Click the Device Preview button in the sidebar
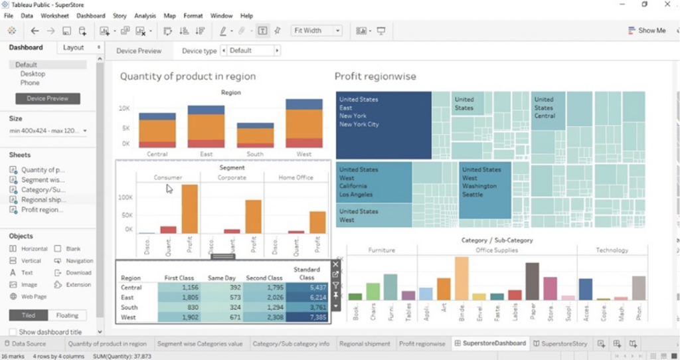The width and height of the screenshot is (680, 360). (x=48, y=98)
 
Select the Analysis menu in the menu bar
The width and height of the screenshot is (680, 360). (x=145, y=15)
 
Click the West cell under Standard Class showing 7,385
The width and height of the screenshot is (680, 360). (x=307, y=317)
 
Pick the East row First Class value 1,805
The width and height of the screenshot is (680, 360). (x=180, y=298)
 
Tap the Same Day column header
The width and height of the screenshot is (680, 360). (x=221, y=278)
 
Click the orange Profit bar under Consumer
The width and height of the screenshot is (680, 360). (x=190, y=209)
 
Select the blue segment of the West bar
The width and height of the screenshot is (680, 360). (x=303, y=104)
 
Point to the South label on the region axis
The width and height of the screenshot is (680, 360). (x=255, y=154)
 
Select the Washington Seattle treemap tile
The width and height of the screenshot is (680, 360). (x=485, y=189)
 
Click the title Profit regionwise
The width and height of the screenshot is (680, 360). (x=375, y=76)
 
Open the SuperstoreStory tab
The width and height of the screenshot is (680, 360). (x=560, y=343)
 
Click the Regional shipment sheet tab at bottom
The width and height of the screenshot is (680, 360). (x=365, y=343)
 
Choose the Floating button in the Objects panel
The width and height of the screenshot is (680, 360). (x=67, y=315)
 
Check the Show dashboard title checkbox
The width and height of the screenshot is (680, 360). (x=13, y=332)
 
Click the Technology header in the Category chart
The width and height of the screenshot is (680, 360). (x=612, y=250)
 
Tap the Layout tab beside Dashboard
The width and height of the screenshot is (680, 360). (x=73, y=48)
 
